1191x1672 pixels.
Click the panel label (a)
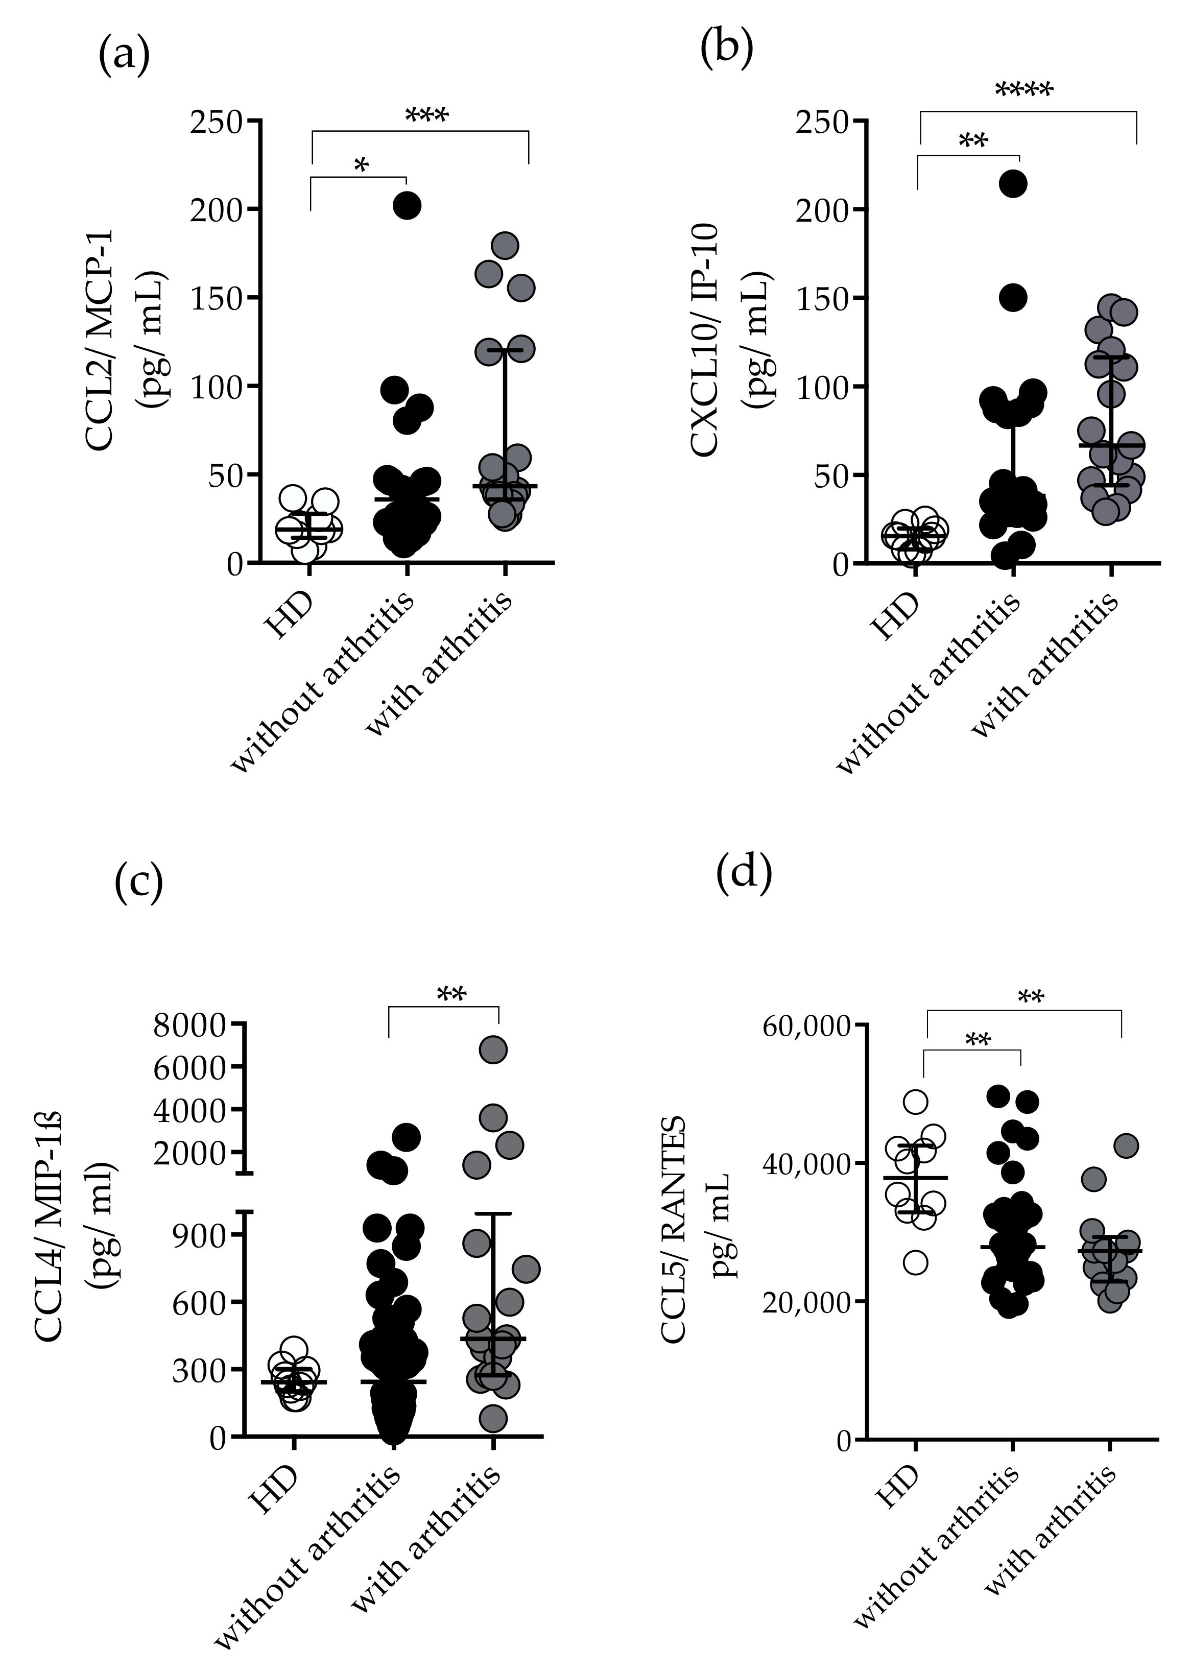(124, 56)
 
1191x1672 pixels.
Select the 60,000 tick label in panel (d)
(807, 1025)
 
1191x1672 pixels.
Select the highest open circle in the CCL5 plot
(916, 1102)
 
